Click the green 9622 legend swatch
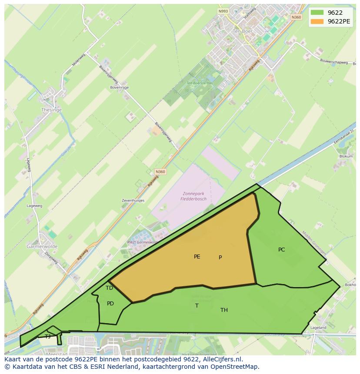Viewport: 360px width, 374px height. point(317,13)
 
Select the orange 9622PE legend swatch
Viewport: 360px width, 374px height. point(317,21)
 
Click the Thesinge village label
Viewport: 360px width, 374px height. point(51,110)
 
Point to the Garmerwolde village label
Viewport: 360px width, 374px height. point(42,246)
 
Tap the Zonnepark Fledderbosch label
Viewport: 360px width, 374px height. point(193,196)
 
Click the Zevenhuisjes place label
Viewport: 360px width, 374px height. point(133,201)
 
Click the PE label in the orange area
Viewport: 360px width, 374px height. point(197,257)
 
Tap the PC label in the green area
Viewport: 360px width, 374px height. point(281,250)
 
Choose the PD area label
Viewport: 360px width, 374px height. point(110,304)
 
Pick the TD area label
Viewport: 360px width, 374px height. point(109,288)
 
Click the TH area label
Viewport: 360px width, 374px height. point(224,310)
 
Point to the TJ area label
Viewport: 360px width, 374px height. point(48,336)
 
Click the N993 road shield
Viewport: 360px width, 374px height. point(223,11)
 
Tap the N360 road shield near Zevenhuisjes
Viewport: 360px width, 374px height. point(160,172)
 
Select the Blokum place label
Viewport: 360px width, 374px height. point(346,156)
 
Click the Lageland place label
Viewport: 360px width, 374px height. point(318,328)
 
